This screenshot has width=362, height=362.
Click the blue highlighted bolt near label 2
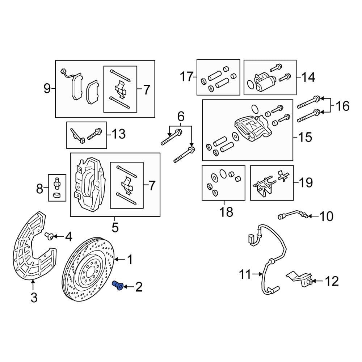[118, 286]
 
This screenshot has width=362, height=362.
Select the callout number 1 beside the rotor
[129, 259]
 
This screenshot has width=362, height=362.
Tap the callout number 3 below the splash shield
[34, 298]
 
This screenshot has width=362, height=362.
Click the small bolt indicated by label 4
[50, 237]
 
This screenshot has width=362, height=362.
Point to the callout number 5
[115, 228]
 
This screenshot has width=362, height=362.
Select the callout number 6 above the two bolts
[181, 117]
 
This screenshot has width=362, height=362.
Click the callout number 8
[39, 188]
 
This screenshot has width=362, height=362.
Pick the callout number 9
[47, 88]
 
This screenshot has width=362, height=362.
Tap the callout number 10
[326, 216]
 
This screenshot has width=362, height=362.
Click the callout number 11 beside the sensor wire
[245, 275]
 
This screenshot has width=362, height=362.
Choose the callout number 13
[118, 135]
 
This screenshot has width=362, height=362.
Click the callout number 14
[308, 77]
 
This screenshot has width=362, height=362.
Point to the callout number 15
[305, 137]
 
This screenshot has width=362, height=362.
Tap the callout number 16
[342, 106]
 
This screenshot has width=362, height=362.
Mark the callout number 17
[187, 77]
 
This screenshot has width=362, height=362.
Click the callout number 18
[226, 212]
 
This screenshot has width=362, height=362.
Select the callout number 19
[306, 183]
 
